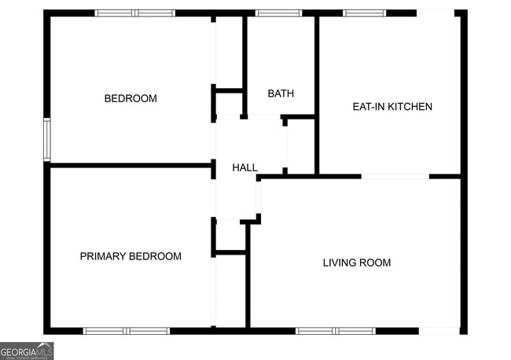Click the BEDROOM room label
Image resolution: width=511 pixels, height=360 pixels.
click(131, 99)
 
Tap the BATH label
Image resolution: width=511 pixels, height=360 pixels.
click(281, 94)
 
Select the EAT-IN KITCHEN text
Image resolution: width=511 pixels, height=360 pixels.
click(392, 107)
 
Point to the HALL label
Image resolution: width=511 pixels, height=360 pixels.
click(244, 167)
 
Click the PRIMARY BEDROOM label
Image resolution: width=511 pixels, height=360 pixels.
click(131, 256)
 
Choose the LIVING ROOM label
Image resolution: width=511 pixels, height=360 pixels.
click(356, 263)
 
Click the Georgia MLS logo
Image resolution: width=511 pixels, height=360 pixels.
click(27, 351)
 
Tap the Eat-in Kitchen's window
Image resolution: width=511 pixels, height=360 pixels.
click(363, 13)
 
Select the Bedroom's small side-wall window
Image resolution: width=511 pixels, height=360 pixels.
click(47, 139)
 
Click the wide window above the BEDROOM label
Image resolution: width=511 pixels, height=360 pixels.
click(134, 13)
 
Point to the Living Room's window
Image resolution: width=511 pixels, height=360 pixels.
click(336, 331)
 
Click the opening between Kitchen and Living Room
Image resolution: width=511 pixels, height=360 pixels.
click(395, 176)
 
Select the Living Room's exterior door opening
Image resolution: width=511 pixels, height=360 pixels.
click(439, 331)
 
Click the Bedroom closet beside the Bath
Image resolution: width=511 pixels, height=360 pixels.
click(230, 55)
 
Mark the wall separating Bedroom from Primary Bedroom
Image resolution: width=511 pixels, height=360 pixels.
click(131, 165)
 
